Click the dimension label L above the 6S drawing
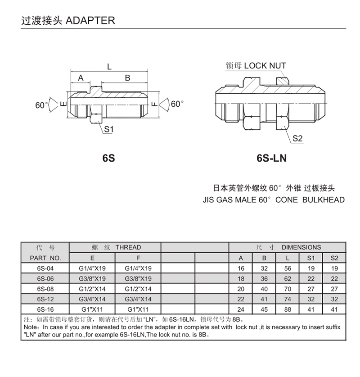pyautogui.click(x=109, y=67)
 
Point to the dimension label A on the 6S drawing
pyautogui.click(x=81, y=78)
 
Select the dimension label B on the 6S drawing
pyautogui.click(x=127, y=78)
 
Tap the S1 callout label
pyautogui.click(x=108, y=130)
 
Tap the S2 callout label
pyautogui.click(x=297, y=138)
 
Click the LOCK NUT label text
pyautogui.click(x=265, y=66)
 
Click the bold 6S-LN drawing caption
pyautogui.click(x=271, y=159)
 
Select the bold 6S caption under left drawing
pyautogui.click(x=108, y=159)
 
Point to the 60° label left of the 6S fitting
pyautogui.click(x=41, y=105)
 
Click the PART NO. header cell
pyautogui.click(x=45, y=258)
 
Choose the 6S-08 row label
pyautogui.click(x=45, y=289)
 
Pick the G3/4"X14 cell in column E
pyautogui.click(x=92, y=299)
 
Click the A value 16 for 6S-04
pyautogui.click(x=241, y=268)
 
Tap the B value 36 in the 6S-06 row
pyautogui.click(x=264, y=278)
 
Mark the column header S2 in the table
pyautogui.click(x=334, y=258)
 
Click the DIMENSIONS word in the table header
pyautogui.click(x=301, y=247)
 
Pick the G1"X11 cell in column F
pyautogui.click(x=138, y=309)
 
